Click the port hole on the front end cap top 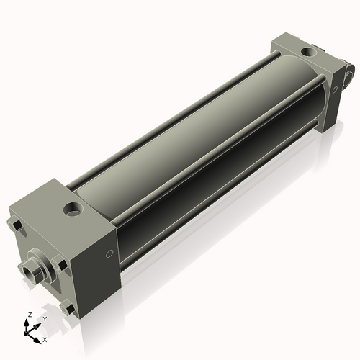click(x=73, y=210)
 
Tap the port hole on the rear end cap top click(x=310, y=52)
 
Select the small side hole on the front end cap click(x=109, y=253)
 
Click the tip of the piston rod click(x=28, y=271)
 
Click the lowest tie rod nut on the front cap click(x=68, y=310)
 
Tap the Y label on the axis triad click(x=44, y=318)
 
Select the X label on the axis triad click(x=45, y=338)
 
